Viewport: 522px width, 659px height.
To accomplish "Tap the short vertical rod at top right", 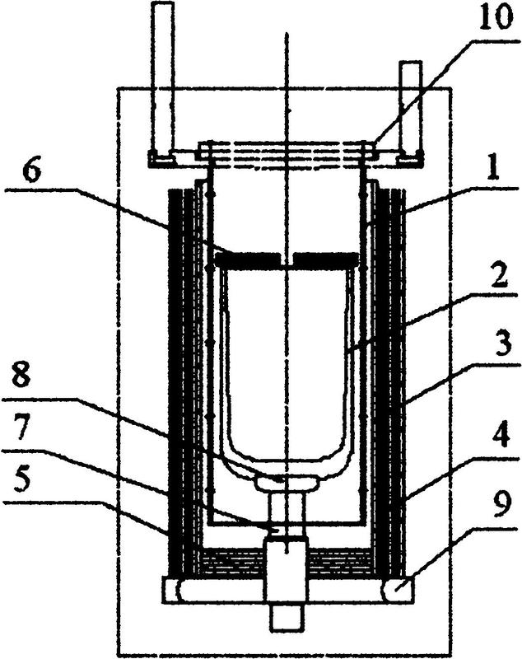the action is [x=410, y=108].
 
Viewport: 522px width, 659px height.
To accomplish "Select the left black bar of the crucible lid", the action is [x=247, y=259].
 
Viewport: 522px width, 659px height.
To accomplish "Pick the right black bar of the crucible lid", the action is [x=326, y=259].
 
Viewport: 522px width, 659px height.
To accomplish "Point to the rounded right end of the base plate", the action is [x=396, y=590].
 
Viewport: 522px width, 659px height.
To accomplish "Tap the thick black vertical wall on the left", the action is [x=176, y=382].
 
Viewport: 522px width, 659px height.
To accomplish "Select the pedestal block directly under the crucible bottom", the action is [x=286, y=484].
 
